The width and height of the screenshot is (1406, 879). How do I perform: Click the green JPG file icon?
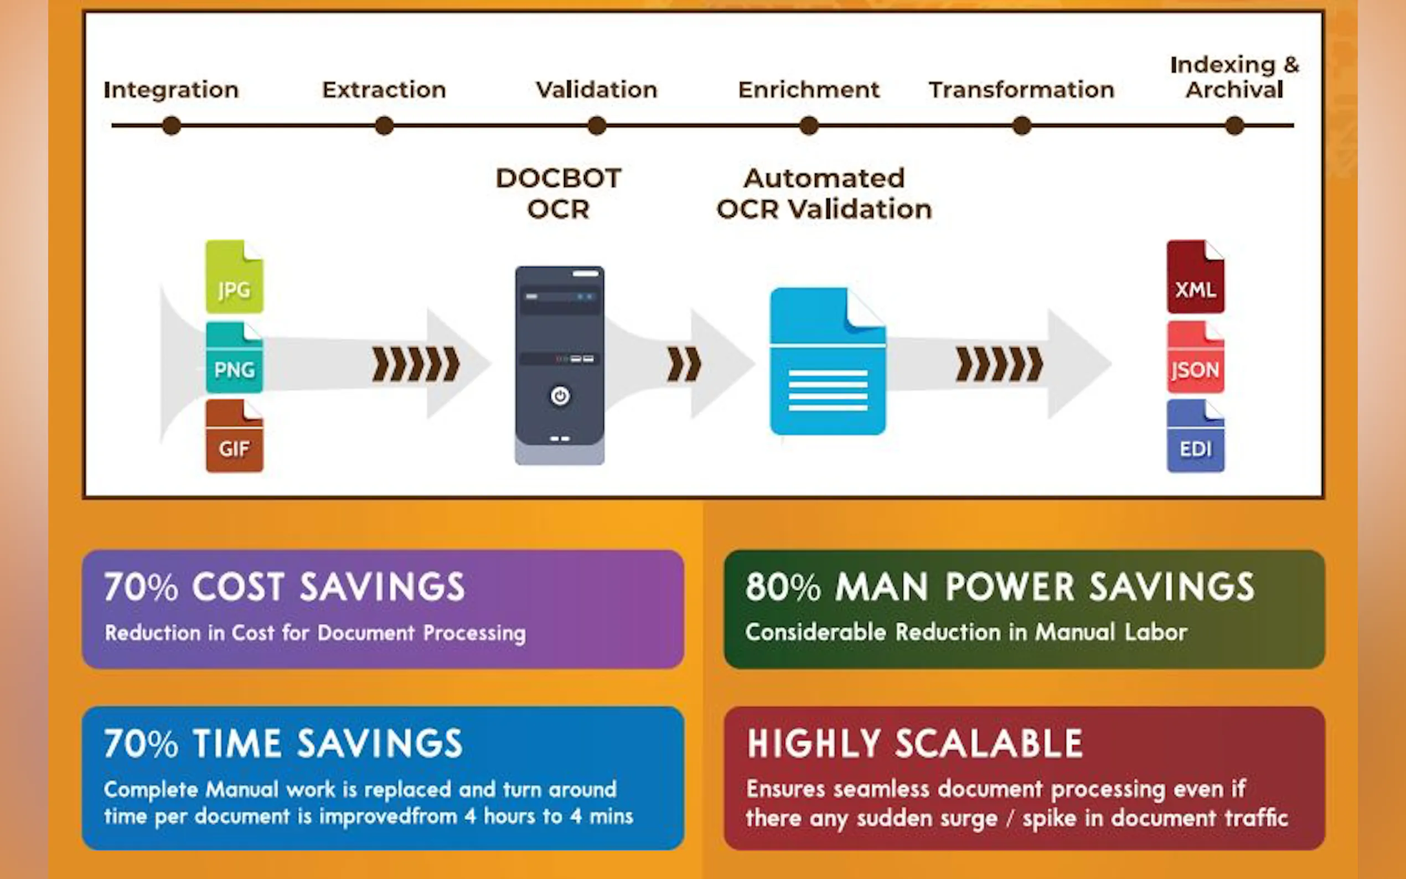tap(234, 277)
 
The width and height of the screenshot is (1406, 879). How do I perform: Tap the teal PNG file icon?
tap(234, 358)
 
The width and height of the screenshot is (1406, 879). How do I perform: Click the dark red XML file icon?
tap(1195, 277)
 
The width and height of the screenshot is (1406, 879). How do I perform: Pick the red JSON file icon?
tap(1195, 358)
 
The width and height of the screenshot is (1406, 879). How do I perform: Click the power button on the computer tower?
tap(560, 396)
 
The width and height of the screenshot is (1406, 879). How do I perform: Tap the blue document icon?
tap(828, 361)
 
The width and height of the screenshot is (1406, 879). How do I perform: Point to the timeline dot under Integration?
tap(172, 126)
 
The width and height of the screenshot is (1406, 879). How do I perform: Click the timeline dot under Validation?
tap(597, 126)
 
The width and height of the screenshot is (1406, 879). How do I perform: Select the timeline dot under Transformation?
tap(1022, 126)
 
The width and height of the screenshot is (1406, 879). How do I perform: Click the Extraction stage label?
tap(384, 90)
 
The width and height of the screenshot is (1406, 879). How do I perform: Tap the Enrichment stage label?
tap(809, 90)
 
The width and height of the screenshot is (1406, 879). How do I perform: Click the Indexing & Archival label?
tap(1234, 77)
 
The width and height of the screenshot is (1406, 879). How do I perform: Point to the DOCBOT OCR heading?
tap(559, 193)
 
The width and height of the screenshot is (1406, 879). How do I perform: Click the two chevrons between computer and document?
tap(684, 365)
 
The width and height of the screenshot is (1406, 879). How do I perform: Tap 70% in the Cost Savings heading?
tap(141, 587)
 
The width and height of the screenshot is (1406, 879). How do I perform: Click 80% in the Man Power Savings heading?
tap(783, 587)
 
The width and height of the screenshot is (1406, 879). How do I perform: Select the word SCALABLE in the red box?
tap(989, 743)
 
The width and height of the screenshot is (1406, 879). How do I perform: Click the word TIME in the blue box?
tap(237, 743)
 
